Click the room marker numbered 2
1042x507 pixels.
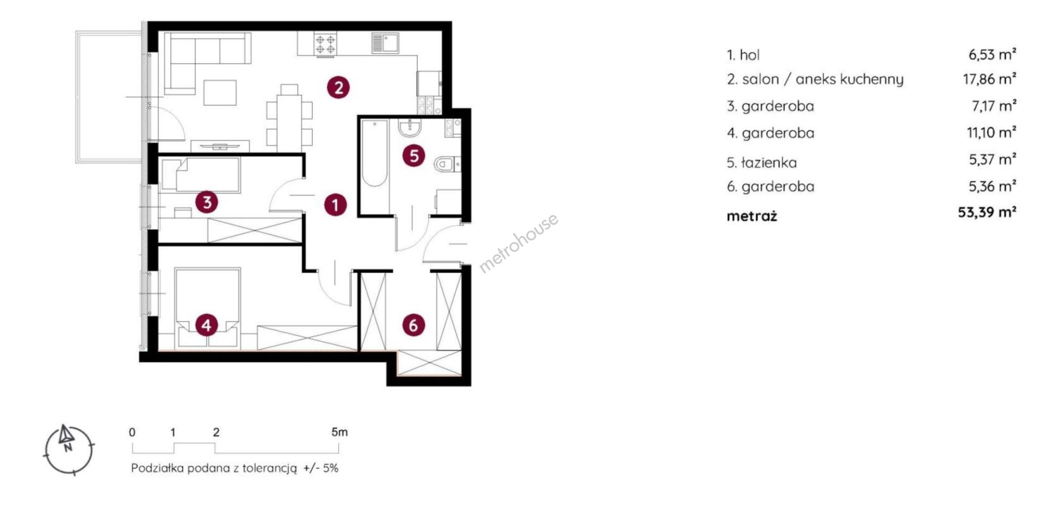pos(338,87)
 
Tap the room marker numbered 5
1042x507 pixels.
pos(414,156)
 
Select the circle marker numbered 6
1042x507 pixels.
pos(414,325)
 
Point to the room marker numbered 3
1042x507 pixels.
pos(207,202)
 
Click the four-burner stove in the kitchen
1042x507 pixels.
pos(326,44)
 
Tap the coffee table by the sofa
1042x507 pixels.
pos(220,92)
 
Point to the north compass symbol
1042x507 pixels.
pos(68,449)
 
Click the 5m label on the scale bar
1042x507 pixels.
pos(339,433)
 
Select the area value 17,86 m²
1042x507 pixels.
pos(989,79)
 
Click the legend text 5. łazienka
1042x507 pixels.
pos(762,162)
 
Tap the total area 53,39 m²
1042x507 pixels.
pos(987,212)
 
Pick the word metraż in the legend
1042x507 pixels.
pos(752,216)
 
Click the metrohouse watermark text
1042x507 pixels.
pos(518,242)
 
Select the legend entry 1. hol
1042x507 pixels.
pos(743,55)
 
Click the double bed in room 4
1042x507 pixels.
pos(207,308)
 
